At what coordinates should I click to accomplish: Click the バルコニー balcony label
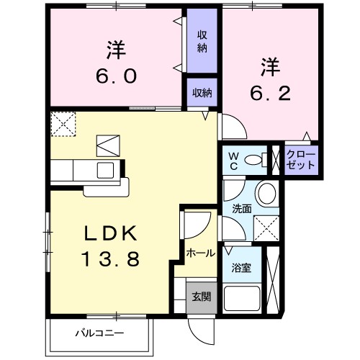tap(100, 333)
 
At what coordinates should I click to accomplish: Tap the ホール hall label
tap(199, 253)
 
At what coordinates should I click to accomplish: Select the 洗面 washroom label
tap(240, 210)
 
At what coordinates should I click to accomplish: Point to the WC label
tap(234, 160)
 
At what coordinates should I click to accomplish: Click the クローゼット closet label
tap(300, 159)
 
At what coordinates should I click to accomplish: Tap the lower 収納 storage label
tap(202, 92)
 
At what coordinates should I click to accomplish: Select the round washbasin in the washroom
tap(266, 192)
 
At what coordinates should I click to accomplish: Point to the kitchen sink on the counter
tap(106, 170)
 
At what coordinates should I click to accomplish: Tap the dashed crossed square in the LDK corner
tap(62, 123)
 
